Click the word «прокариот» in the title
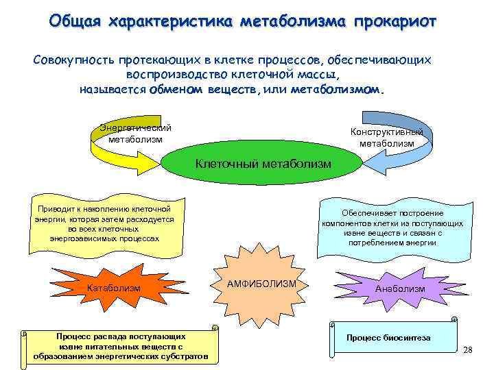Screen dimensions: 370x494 click(394, 21)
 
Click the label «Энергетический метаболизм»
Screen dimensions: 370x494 click(136, 134)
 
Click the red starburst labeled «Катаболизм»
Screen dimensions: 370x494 click(113, 288)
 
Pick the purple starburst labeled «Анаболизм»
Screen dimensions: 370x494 click(400, 288)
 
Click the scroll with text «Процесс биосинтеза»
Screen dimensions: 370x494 click(388, 338)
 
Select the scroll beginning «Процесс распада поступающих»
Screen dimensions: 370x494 click(120, 346)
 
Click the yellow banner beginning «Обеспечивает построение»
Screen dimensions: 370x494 click(392, 228)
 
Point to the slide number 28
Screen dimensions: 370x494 click(468, 350)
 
